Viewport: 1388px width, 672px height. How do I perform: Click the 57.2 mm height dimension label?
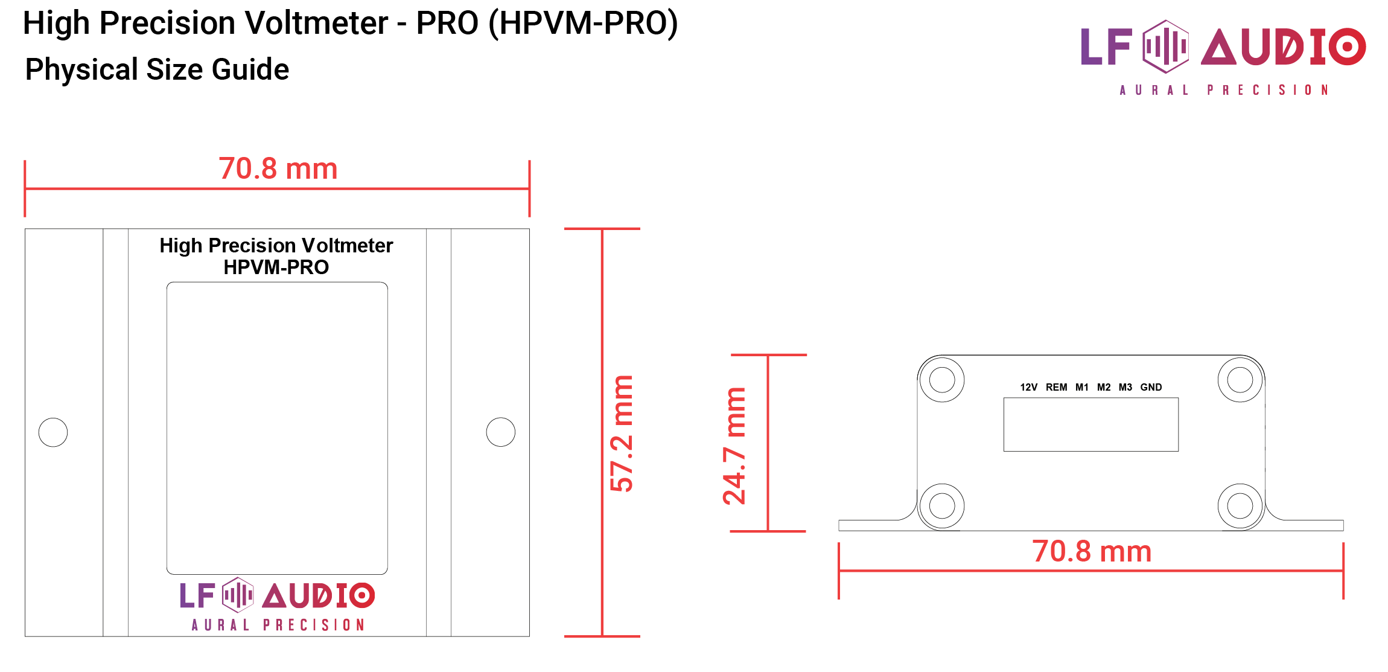pyautogui.click(x=622, y=433)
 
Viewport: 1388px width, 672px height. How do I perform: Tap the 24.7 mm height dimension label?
pyautogui.click(x=734, y=446)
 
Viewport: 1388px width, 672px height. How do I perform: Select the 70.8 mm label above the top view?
pyautogui.click(x=278, y=168)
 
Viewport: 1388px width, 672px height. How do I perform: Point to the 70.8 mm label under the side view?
pyautogui.click(x=1091, y=551)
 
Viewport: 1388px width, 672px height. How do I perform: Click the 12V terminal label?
pyautogui.click(x=1028, y=387)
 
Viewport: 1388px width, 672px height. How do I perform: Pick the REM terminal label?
pyautogui.click(x=1056, y=387)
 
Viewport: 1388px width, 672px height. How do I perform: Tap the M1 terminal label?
pyautogui.click(x=1082, y=387)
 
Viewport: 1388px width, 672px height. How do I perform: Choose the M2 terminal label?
pyautogui.click(x=1104, y=387)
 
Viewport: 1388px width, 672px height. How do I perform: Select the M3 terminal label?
pyautogui.click(x=1125, y=387)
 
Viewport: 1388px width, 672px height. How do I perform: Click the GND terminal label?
pyautogui.click(x=1151, y=387)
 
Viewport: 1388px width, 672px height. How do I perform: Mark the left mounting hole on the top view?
pyautogui.click(x=53, y=432)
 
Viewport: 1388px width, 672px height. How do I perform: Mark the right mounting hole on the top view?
pyautogui.click(x=501, y=432)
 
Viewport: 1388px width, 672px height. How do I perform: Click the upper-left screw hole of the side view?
pyautogui.click(x=942, y=380)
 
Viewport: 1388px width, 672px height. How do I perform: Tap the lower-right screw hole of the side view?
pyautogui.click(x=1240, y=506)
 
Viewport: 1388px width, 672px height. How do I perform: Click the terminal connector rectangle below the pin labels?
pyautogui.click(x=1090, y=424)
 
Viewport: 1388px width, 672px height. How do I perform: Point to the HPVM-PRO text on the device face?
pyautogui.click(x=276, y=267)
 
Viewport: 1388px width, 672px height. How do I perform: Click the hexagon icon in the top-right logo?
pyautogui.click(x=1166, y=46)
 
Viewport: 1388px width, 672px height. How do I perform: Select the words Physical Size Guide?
pyautogui.click(x=157, y=69)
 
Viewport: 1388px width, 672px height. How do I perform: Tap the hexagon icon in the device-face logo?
pyautogui.click(x=238, y=595)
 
